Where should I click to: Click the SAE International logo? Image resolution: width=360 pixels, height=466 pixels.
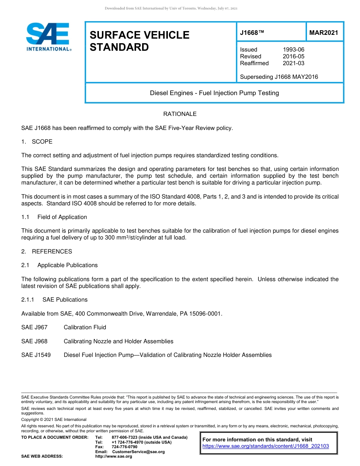(48, 37)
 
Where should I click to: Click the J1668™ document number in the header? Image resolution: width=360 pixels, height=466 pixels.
(252, 33)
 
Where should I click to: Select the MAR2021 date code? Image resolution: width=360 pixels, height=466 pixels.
(324, 33)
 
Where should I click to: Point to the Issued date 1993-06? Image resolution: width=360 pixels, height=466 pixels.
(293, 50)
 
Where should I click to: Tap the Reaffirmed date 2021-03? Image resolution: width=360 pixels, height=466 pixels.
(293, 63)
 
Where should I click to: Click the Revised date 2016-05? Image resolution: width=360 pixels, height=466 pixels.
(293, 56)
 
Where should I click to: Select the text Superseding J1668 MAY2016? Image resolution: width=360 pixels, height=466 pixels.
(279, 77)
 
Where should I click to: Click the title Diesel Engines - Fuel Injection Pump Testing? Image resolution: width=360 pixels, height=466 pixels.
(214, 93)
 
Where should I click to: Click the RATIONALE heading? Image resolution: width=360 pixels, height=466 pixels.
(180, 114)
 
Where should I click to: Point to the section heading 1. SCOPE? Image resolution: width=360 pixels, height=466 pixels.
(37, 142)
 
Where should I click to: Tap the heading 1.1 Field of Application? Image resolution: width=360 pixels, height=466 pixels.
(54, 217)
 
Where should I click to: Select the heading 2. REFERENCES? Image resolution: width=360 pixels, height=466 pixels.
(47, 252)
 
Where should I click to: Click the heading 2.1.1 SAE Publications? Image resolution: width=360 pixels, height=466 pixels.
(54, 300)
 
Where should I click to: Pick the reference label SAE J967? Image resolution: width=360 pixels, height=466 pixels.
(34, 327)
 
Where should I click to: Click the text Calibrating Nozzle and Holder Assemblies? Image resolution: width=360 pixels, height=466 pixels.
(118, 341)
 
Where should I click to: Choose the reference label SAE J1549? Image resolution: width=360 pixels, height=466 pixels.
(36, 355)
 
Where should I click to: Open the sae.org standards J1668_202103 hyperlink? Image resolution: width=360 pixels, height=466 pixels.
(266, 446)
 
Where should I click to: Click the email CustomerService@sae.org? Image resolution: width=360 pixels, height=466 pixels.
(138, 452)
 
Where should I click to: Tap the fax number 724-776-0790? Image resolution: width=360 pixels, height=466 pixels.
(124, 447)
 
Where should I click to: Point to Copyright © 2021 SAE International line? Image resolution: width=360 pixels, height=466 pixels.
(54, 419)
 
